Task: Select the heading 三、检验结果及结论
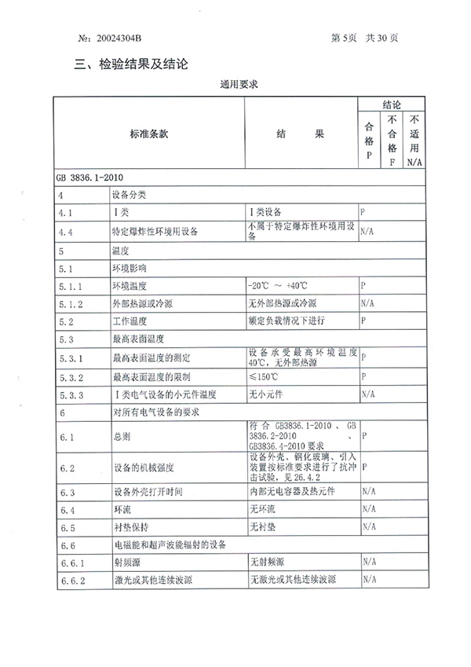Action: coord(131,64)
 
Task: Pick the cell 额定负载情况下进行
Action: coord(287,321)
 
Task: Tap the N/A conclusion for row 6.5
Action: coord(367,526)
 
